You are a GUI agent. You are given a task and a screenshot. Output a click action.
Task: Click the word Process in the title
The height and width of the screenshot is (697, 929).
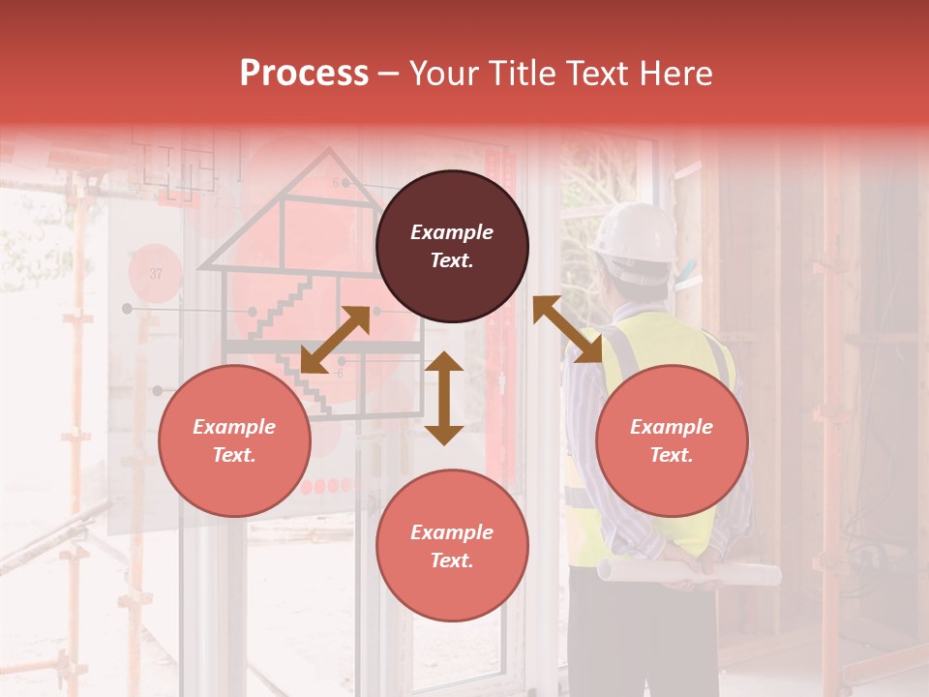(304, 74)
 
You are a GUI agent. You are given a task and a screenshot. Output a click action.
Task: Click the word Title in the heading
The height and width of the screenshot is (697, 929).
(515, 74)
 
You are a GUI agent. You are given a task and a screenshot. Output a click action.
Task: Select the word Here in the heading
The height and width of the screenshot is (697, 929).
(676, 74)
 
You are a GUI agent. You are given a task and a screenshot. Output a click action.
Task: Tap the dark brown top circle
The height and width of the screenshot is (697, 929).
(452, 246)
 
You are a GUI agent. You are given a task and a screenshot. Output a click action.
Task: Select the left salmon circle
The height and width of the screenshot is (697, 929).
(234, 440)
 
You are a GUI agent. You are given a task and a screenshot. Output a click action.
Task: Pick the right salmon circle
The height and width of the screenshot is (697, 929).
(672, 440)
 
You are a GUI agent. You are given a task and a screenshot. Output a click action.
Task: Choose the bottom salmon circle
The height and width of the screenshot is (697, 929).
(452, 546)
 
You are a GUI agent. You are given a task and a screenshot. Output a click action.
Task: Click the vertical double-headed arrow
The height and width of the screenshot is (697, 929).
(444, 398)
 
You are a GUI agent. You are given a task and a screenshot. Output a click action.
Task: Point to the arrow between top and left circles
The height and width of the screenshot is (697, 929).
(335, 340)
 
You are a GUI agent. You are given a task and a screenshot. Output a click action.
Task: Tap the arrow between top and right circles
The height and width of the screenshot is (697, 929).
(567, 329)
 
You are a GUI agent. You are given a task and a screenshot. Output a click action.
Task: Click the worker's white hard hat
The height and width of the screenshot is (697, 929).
(635, 232)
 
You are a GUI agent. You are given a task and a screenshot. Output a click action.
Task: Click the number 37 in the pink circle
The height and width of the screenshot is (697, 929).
(156, 274)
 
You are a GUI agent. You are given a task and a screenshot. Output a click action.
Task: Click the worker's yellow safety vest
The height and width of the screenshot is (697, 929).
(668, 339)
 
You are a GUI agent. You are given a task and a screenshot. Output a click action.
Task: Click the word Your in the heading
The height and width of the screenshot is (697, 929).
(444, 74)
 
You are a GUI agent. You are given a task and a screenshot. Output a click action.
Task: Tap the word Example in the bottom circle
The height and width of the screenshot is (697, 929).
(452, 532)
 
